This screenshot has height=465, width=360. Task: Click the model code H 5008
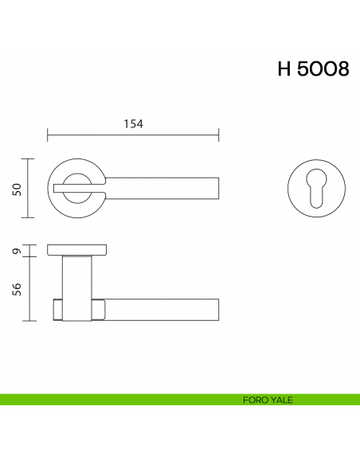click(x=313, y=69)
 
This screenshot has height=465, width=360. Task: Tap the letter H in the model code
click(x=284, y=69)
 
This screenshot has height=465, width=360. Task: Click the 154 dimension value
click(x=132, y=123)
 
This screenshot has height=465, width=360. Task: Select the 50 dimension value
click(x=17, y=188)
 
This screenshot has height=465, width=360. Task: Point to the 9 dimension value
click(x=17, y=252)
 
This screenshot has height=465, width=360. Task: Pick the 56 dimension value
click(x=17, y=289)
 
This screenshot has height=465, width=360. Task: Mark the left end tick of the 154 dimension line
click(x=48, y=135)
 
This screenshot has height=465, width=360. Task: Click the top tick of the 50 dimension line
click(x=30, y=159)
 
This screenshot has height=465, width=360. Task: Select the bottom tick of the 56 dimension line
click(x=30, y=321)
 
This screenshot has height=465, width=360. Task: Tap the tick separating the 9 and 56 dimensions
click(x=30, y=257)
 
